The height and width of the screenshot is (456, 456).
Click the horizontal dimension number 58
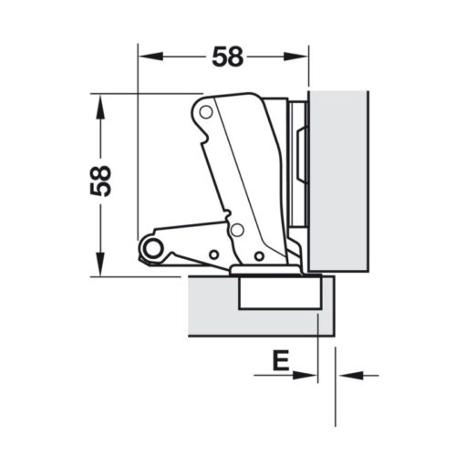(228, 57)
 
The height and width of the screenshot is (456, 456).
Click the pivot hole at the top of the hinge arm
(207, 113)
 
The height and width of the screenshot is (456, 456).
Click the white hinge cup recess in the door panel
(274, 295)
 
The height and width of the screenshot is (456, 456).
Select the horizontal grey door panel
(210, 306)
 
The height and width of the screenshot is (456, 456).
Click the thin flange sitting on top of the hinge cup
(264, 271)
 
